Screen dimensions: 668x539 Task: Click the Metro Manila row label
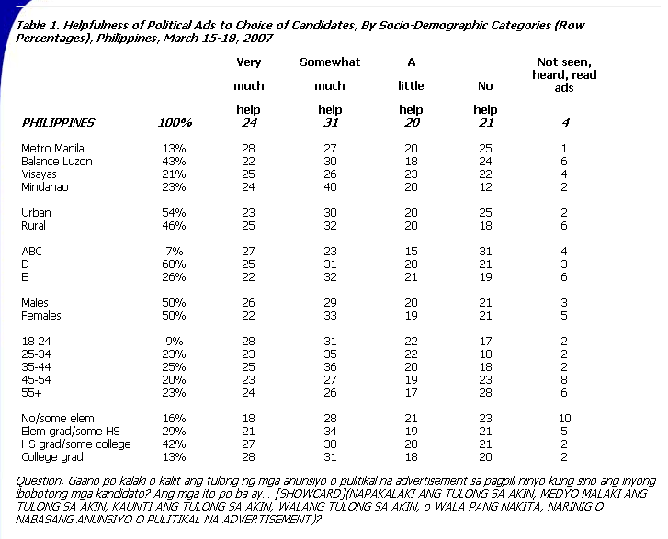coord(52,149)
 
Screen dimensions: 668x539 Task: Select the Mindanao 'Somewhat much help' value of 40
coord(330,187)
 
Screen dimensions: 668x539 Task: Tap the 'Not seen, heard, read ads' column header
coord(564,75)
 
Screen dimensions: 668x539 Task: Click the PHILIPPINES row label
coord(58,123)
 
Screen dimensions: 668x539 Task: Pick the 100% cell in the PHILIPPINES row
coord(175,123)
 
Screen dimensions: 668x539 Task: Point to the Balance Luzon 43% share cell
coord(174,162)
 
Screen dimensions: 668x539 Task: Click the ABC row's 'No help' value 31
coord(485,252)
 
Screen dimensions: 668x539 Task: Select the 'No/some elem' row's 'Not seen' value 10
coord(564,419)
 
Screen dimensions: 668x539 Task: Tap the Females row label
coord(41,316)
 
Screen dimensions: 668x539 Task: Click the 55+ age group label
coord(31,392)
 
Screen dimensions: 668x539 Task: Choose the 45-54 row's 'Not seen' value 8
coord(564,380)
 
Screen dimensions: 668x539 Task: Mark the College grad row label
coord(52,457)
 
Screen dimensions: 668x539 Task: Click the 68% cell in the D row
coord(174,264)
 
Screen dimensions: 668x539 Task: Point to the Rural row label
coord(33,226)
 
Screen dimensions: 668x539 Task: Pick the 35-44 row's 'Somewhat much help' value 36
coord(330,367)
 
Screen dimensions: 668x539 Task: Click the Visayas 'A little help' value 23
coord(411,174)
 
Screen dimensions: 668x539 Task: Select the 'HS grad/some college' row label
coord(76,444)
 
